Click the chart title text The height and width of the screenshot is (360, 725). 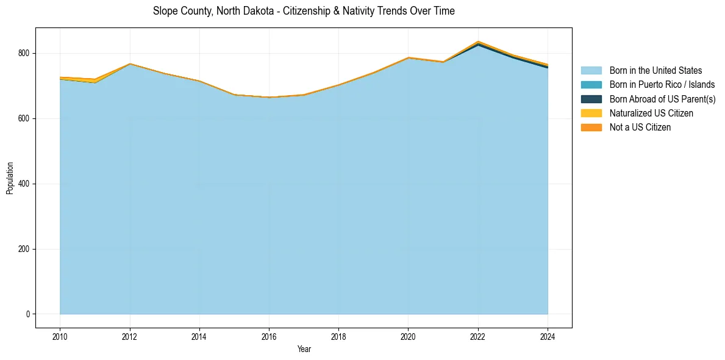pos(304,11)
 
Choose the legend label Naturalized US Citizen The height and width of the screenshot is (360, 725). pos(651,113)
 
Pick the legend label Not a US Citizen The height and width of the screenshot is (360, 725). pos(640,127)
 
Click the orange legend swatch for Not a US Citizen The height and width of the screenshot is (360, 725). pos(591,127)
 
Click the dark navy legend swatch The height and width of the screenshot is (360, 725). pos(591,99)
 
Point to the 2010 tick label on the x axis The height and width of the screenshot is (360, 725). pos(60,336)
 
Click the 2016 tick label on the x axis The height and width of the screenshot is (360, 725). pos(269,336)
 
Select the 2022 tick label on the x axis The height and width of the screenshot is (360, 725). pos(478,336)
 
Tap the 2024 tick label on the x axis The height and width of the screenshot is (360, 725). pos(548,336)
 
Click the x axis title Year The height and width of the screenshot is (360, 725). pos(304,349)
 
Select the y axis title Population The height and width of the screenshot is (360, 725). pos(10,178)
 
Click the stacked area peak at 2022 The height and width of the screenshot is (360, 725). pos(478,41)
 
